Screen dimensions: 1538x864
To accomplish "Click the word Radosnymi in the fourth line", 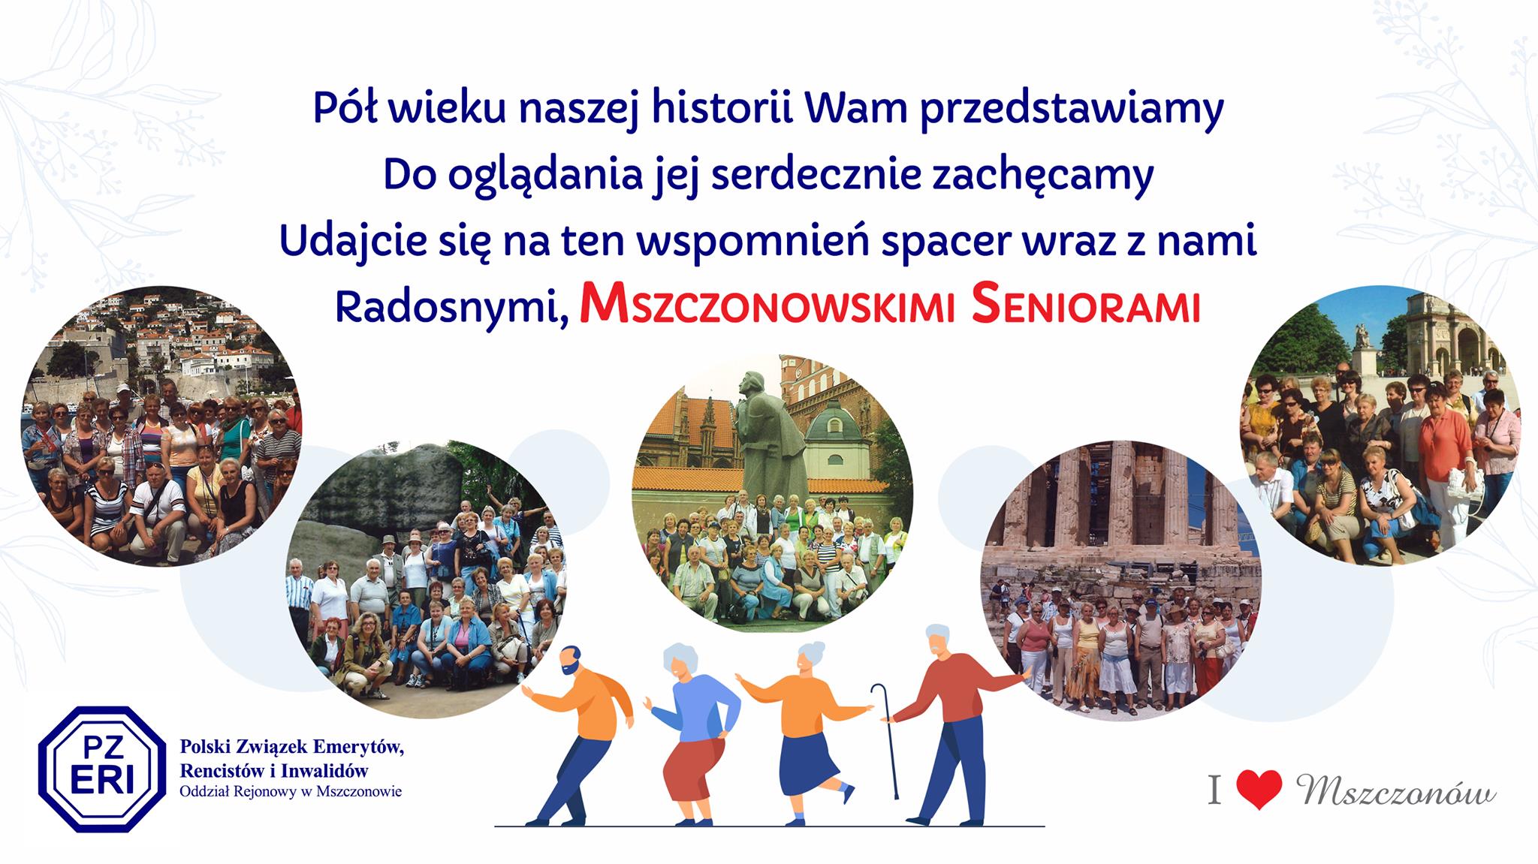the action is (452, 308).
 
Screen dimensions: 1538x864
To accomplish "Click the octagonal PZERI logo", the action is (102, 769).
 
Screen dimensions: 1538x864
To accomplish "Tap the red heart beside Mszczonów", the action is (1259, 791).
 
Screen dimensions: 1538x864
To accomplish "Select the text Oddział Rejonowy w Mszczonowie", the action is (291, 792).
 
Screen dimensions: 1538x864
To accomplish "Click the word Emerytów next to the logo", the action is (352, 747).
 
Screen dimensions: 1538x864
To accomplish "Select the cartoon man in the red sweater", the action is (954, 724).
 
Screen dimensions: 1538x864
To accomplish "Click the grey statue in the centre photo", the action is (766, 435).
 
